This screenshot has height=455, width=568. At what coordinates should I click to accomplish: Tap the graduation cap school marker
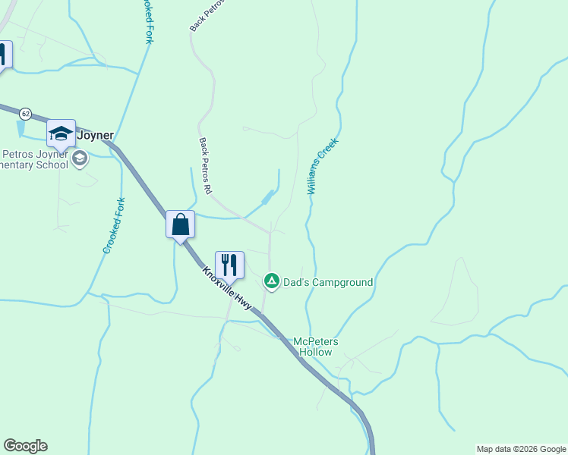(x=62, y=134)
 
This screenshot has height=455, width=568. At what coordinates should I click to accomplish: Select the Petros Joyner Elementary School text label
(x=34, y=160)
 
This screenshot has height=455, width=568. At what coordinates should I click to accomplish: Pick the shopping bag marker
(x=181, y=225)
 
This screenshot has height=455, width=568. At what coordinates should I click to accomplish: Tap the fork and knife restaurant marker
(x=229, y=265)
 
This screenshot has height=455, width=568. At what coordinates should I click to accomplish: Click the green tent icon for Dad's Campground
(x=271, y=281)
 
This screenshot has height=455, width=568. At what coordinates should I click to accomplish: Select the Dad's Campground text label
(x=328, y=283)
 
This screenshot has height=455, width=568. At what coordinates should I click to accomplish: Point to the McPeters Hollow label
(x=316, y=347)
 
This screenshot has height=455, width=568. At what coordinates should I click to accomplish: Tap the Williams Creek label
(x=323, y=166)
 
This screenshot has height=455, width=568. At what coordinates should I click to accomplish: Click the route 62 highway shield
(x=26, y=113)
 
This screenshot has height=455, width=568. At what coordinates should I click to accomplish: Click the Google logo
(x=25, y=446)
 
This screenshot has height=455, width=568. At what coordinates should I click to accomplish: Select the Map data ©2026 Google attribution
(x=520, y=449)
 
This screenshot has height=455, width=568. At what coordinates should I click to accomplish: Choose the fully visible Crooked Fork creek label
(x=113, y=225)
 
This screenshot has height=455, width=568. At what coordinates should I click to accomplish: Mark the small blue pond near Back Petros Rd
(x=267, y=198)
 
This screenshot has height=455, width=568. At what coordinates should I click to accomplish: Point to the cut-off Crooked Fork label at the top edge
(x=147, y=21)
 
